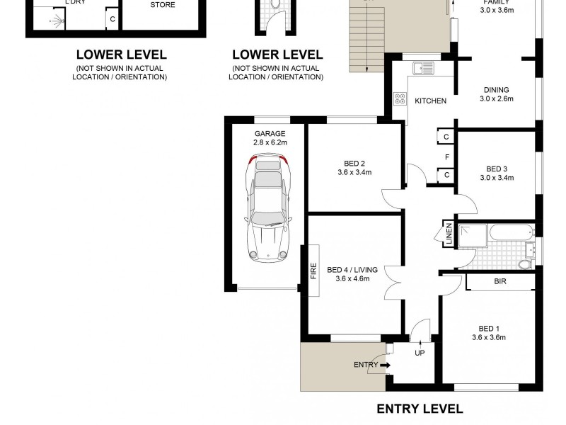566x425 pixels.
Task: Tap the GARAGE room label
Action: pos(270,134)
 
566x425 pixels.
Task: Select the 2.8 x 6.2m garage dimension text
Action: pos(270,143)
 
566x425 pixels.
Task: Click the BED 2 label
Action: pos(354,161)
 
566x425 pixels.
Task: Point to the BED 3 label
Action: pos(497,169)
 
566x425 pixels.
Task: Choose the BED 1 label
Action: pos(488,328)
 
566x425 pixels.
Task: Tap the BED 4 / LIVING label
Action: pos(352,270)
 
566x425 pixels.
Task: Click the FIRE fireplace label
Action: pos(313,271)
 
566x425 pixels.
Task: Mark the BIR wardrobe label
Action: pos(500,282)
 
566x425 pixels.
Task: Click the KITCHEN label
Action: pos(430,101)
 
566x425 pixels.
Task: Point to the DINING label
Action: pos(496,90)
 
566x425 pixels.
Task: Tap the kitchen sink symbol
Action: pos(424,69)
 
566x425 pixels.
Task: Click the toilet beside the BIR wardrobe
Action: pos(524,263)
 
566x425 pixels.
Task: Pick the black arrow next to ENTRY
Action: pos(385,365)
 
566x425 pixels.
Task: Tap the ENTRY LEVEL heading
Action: pos(420,409)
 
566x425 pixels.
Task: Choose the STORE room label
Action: pos(163,5)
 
